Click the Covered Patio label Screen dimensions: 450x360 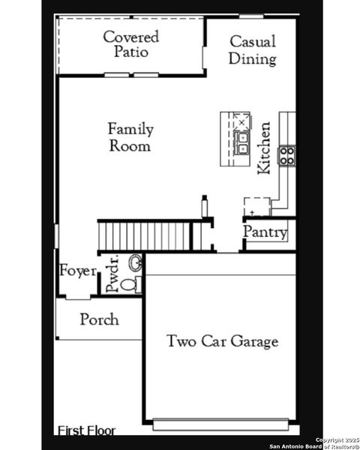click(x=131, y=44)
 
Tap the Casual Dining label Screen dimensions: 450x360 click(x=252, y=50)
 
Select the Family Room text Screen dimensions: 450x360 click(x=130, y=136)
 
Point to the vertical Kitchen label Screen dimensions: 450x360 click(x=264, y=148)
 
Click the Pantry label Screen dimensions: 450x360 click(x=265, y=233)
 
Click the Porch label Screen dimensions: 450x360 click(x=99, y=319)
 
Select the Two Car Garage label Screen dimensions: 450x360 click(x=222, y=341)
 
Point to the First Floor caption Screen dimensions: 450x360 click(x=87, y=430)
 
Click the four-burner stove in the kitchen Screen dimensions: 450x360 click(x=287, y=155)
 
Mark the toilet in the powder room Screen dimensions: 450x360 click(x=128, y=285)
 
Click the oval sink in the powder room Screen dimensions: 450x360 click(x=136, y=263)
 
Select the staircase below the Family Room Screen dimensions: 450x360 click(x=146, y=235)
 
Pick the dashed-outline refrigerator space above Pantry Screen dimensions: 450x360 click(x=256, y=206)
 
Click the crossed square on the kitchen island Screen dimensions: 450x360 click(x=242, y=121)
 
